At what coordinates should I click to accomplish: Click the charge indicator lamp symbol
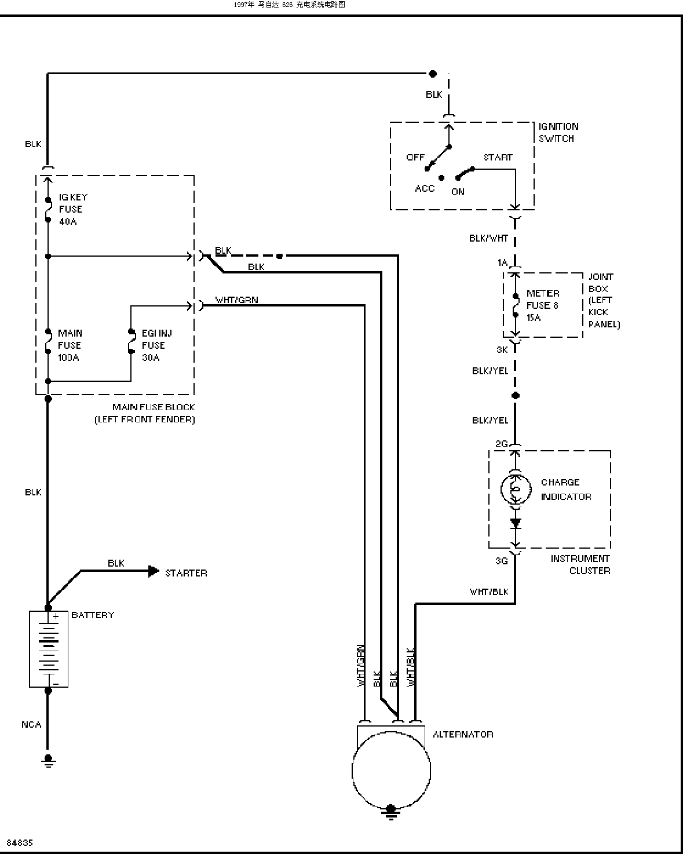515,489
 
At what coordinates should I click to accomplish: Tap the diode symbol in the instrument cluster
515,523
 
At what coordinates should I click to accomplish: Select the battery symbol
49,649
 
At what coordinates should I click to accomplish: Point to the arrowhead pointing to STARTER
154,571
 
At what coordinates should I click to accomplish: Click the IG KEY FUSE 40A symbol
48,209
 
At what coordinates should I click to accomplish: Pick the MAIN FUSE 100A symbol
48,341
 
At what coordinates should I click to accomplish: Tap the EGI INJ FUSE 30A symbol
131,341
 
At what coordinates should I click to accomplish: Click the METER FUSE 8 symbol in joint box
515,305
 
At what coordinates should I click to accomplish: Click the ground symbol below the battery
49,760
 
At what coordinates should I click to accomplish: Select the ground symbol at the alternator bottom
391,812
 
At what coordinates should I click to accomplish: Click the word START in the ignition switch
498,157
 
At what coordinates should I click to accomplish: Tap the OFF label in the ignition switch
415,157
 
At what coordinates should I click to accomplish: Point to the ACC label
425,188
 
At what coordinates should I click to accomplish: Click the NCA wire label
31,725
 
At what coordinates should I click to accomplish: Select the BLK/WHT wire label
488,238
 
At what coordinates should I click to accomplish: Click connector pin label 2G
502,443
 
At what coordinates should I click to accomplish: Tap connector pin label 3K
502,349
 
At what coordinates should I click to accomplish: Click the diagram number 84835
20,842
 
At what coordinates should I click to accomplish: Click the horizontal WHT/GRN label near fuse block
236,300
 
